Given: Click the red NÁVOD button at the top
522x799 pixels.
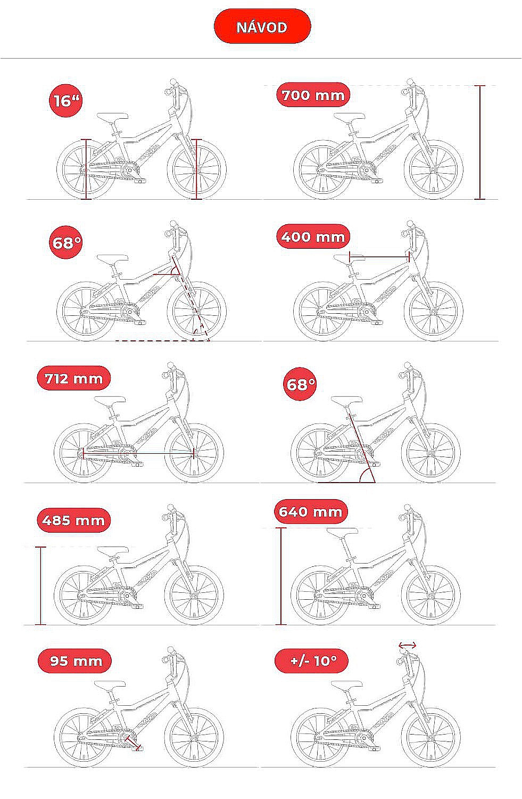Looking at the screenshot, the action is coord(262,27).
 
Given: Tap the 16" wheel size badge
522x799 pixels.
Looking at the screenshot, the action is coord(66,101).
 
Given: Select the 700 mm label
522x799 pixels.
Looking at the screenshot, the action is coord(313,95).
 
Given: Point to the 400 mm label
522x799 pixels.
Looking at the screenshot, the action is coord(313,237).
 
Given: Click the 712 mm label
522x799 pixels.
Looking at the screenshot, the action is coord(74,378).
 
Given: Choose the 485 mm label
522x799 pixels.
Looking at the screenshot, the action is coord(74,520).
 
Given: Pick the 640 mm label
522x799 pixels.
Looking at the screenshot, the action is coord(311,511).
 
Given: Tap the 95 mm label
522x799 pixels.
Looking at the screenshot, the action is coord(74,661).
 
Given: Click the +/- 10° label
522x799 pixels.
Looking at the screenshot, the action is coord(311,661).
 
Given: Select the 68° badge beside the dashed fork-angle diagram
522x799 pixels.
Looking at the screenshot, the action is coord(66,242).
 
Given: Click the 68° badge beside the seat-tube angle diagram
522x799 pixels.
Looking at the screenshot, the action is coord(300,384).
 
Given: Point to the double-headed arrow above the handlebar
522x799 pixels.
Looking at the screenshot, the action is coord(407,645).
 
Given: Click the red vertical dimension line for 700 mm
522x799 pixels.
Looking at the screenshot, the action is coord(479,142).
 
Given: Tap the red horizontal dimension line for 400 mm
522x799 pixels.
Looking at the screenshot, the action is coord(379,256).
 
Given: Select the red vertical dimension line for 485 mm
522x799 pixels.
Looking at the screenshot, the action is coord(40,585).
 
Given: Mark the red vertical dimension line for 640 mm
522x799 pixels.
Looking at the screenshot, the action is coord(281,576).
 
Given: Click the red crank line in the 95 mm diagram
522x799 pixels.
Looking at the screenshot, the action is coord(132,742).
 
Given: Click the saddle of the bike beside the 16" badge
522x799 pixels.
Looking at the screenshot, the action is coord(112,117).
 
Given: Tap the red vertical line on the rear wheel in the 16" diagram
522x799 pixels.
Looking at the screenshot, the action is coord(86,169).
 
